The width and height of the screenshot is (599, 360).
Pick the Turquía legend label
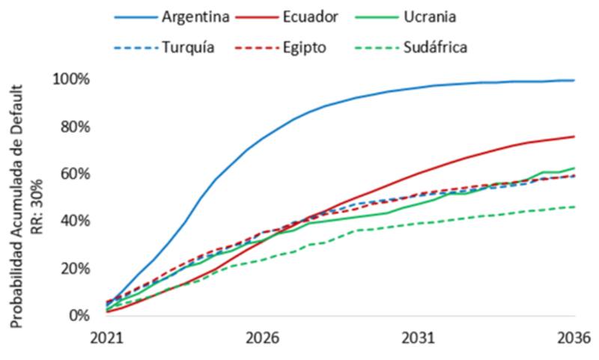point(188,47)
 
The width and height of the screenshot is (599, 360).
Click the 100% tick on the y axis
point(71,79)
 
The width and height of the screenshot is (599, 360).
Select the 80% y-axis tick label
point(74,126)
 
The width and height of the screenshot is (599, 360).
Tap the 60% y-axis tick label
point(74,174)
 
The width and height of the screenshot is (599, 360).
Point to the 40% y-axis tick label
point(74,221)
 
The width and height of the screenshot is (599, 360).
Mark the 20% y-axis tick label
point(74,268)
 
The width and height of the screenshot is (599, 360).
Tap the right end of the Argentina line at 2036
point(574,80)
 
